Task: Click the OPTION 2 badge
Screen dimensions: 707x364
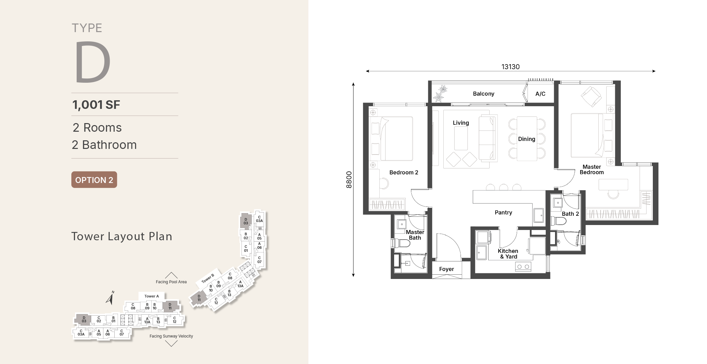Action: tap(94, 180)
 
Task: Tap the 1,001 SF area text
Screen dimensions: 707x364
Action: tap(96, 105)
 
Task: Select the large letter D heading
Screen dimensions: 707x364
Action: tap(93, 62)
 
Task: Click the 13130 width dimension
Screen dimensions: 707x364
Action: tap(510, 67)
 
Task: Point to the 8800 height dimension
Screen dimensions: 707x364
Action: tap(349, 180)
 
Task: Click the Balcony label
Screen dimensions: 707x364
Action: tap(483, 94)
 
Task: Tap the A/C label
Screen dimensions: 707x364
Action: tap(540, 94)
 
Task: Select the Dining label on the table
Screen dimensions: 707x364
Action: tap(527, 139)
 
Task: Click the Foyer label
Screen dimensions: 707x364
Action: tap(446, 269)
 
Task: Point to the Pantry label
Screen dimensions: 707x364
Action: tap(503, 212)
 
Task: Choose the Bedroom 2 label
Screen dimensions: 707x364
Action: tap(404, 172)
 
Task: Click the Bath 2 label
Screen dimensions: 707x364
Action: tap(570, 214)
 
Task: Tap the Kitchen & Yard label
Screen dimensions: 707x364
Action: tap(508, 254)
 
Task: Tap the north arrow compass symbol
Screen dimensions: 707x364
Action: tap(110, 297)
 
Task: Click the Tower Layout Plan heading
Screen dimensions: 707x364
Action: tap(122, 236)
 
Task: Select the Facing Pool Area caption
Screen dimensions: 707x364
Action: tap(171, 282)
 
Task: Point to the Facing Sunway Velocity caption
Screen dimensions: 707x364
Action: tap(171, 336)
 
